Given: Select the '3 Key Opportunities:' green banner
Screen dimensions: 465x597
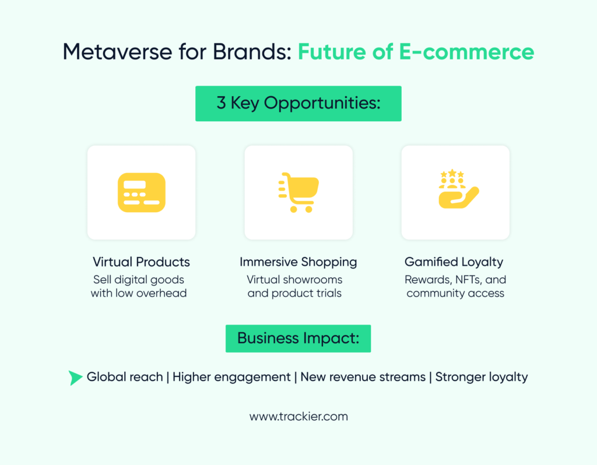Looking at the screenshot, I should pyautogui.click(x=298, y=104).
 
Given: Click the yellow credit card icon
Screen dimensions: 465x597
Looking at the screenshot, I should pyautogui.click(x=141, y=192).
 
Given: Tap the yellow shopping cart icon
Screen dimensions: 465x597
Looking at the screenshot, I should pyautogui.click(x=298, y=192).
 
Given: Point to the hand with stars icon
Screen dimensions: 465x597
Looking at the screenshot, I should pyautogui.click(x=457, y=189).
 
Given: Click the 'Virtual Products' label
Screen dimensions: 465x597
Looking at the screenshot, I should pyautogui.click(x=141, y=262).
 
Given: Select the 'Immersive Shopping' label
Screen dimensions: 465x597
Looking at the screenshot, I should pyautogui.click(x=298, y=262).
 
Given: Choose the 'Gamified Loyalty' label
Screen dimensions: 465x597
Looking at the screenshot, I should pyautogui.click(x=455, y=262).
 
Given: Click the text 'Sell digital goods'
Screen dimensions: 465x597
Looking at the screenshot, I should pyautogui.click(x=139, y=279).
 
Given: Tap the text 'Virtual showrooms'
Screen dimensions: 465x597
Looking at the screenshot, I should pyautogui.click(x=294, y=279).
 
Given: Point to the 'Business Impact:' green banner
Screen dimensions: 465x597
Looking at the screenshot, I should pyautogui.click(x=298, y=339).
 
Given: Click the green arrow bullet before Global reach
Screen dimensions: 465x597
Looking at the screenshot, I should pyautogui.click(x=75, y=378).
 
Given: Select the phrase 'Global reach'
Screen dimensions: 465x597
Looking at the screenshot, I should pyautogui.click(x=125, y=377).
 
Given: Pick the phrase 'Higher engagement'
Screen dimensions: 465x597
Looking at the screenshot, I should pyautogui.click(x=231, y=377).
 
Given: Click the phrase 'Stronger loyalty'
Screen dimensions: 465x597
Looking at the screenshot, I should pyautogui.click(x=481, y=377).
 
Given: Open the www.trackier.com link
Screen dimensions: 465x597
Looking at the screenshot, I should pyautogui.click(x=298, y=417).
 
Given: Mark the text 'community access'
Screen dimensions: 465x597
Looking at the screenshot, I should pyautogui.click(x=455, y=293).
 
